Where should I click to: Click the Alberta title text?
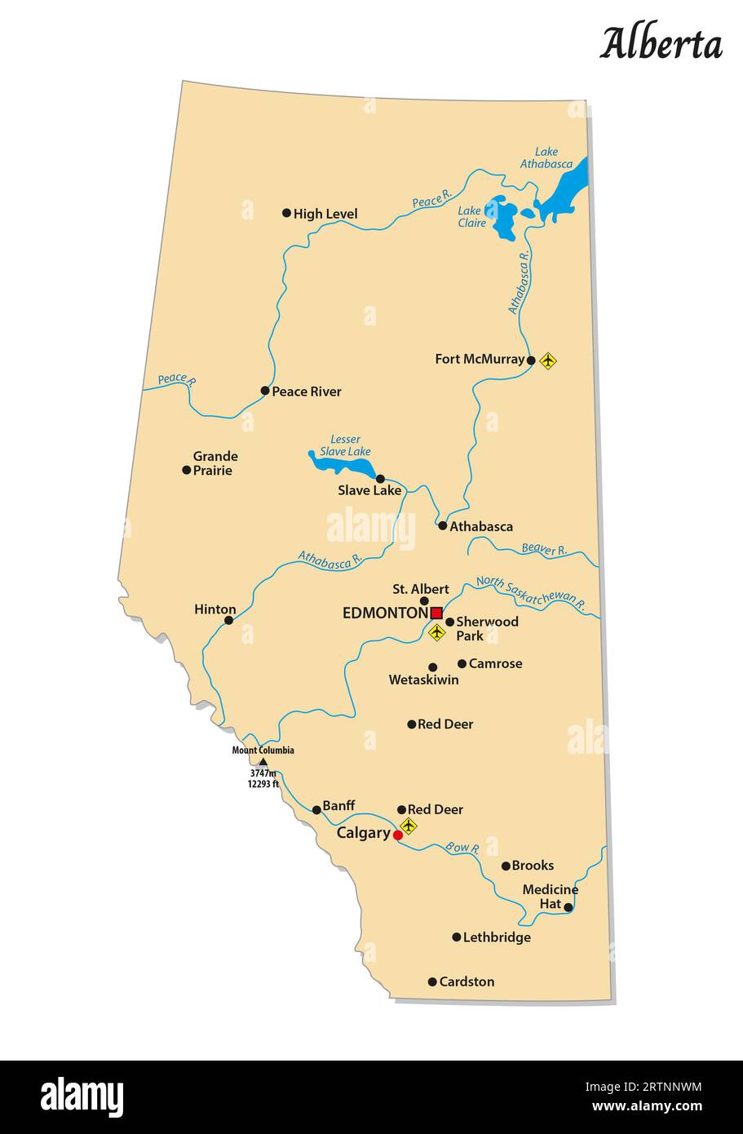[x=661, y=44]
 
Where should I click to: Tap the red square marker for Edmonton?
[x=436, y=613]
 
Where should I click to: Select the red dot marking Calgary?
[x=398, y=835]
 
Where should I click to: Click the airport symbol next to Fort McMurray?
[x=548, y=360]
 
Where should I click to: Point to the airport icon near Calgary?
[x=409, y=826]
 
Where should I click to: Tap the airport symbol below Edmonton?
[x=437, y=631]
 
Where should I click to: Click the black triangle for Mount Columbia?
[x=263, y=762]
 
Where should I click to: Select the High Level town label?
[x=325, y=214]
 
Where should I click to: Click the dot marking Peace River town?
[x=265, y=391]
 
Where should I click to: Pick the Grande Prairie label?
[x=215, y=463]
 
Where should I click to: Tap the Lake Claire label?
[x=471, y=216]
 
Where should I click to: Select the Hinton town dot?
[x=228, y=620]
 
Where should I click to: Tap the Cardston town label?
[x=467, y=981]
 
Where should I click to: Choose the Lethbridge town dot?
[x=457, y=937]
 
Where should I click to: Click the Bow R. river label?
[x=462, y=848]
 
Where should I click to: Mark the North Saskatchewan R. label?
[x=531, y=594]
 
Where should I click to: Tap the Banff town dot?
[x=316, y=810]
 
